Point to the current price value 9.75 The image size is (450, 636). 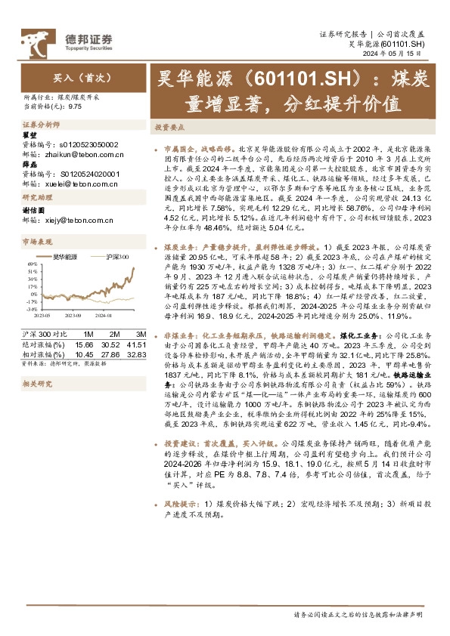click(75, 107)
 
